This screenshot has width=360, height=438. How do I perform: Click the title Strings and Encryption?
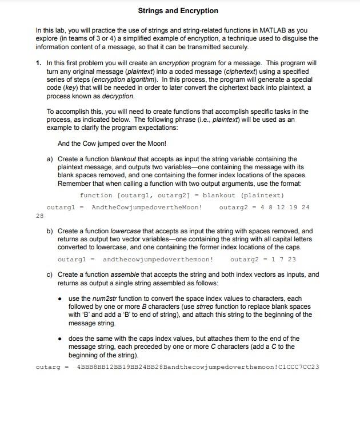[178, 11]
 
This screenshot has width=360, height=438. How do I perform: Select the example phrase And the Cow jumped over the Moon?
[111, 144]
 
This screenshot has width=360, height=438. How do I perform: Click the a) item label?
[50, 159]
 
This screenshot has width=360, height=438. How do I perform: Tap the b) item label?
[50, 231]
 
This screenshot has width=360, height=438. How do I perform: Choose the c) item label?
[50, 274]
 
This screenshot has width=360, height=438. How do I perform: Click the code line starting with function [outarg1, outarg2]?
[182, 195]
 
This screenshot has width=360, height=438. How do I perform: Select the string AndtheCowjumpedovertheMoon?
[146, 207]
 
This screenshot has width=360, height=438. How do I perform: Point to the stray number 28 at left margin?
[39, 216]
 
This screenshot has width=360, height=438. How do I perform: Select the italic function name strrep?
[210, 306]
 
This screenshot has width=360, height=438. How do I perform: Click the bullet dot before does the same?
[61, 339]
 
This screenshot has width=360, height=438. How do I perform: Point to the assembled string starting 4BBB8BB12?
[198, 367]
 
